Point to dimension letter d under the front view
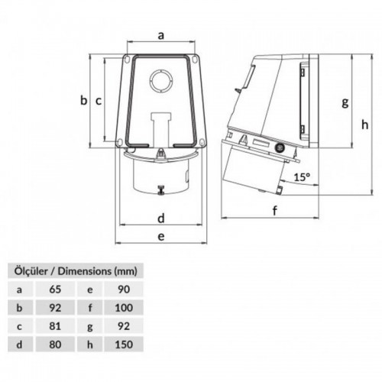[160, 219]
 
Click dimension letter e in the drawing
[160, 237]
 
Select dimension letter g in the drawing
[345, 101]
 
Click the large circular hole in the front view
[161, 81]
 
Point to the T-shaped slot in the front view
[160, 125]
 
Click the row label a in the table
[20, 290]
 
